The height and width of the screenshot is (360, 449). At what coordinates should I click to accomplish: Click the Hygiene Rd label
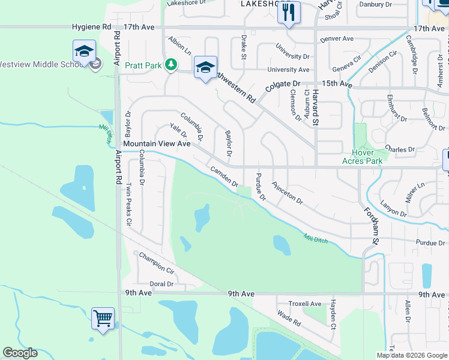coord(91,27)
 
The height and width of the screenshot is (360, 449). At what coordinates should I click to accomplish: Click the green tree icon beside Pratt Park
coord(171,64)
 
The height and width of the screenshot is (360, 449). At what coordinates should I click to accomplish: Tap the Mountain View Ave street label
coord(156,144)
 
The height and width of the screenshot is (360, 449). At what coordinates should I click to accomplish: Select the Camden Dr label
coord(224,176)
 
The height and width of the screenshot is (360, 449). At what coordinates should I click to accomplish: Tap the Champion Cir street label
coord(156,262)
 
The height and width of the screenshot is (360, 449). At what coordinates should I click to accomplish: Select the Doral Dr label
coord(161,284)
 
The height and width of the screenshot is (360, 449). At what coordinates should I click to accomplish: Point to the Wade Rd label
coord(289,317)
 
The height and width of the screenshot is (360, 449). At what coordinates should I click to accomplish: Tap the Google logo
coord(20,353)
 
